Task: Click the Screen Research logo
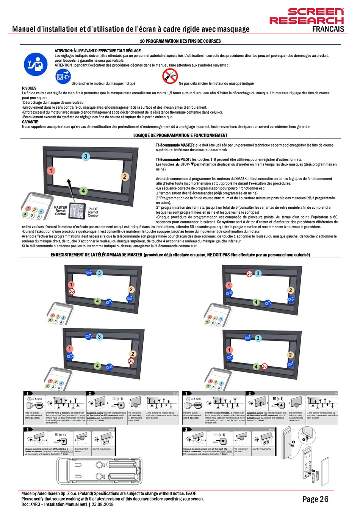[x=307, y=17]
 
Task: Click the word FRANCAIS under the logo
[x=328, y=29]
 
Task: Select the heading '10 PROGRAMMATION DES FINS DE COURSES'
[x=180, y=41]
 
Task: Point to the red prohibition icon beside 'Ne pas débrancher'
[x=170, y=76]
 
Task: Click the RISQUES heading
[x=29, y=88]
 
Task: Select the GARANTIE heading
[x=30, y=122]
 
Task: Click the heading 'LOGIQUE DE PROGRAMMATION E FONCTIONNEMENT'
[x=180, y=136]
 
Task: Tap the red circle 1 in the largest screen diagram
[x=51, y=171]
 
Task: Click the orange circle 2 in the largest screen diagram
[x=125, y=176]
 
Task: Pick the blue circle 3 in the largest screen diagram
[x=86, y=156]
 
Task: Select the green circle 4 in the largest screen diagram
[x=83, y=191]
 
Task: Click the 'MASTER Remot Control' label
[x=60, y=211]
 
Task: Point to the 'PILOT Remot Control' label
[x=93, y=212]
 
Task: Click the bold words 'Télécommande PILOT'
[x=173, y=160]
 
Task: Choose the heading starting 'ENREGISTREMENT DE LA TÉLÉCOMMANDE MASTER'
[x=180, y=255]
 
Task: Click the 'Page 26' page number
[x=315, y=499]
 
